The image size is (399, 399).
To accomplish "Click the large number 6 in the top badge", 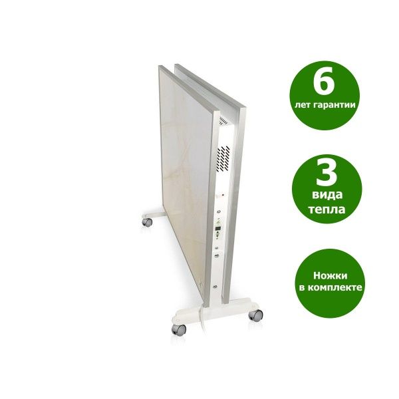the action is (324, 80).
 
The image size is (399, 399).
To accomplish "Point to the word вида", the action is (327, 195).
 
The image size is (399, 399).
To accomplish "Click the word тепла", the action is (327, 209).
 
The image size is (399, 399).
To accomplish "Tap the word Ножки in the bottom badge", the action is (330, 275).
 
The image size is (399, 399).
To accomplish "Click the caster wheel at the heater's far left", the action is (147, 222).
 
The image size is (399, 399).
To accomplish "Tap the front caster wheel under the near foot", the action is (179, 330).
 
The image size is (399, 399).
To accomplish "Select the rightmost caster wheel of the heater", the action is (255, 315).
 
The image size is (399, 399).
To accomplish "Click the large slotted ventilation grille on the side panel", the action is (223, 158).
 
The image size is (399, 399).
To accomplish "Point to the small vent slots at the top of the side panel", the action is (224, 120).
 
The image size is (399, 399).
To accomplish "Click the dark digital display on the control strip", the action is (218, 229).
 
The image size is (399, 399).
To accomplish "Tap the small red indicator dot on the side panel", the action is (223, 195).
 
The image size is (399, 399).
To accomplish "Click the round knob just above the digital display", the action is (219, 211).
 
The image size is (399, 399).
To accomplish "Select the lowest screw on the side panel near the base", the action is (215, 287).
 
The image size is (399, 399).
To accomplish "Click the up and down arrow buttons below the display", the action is (217, 235).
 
